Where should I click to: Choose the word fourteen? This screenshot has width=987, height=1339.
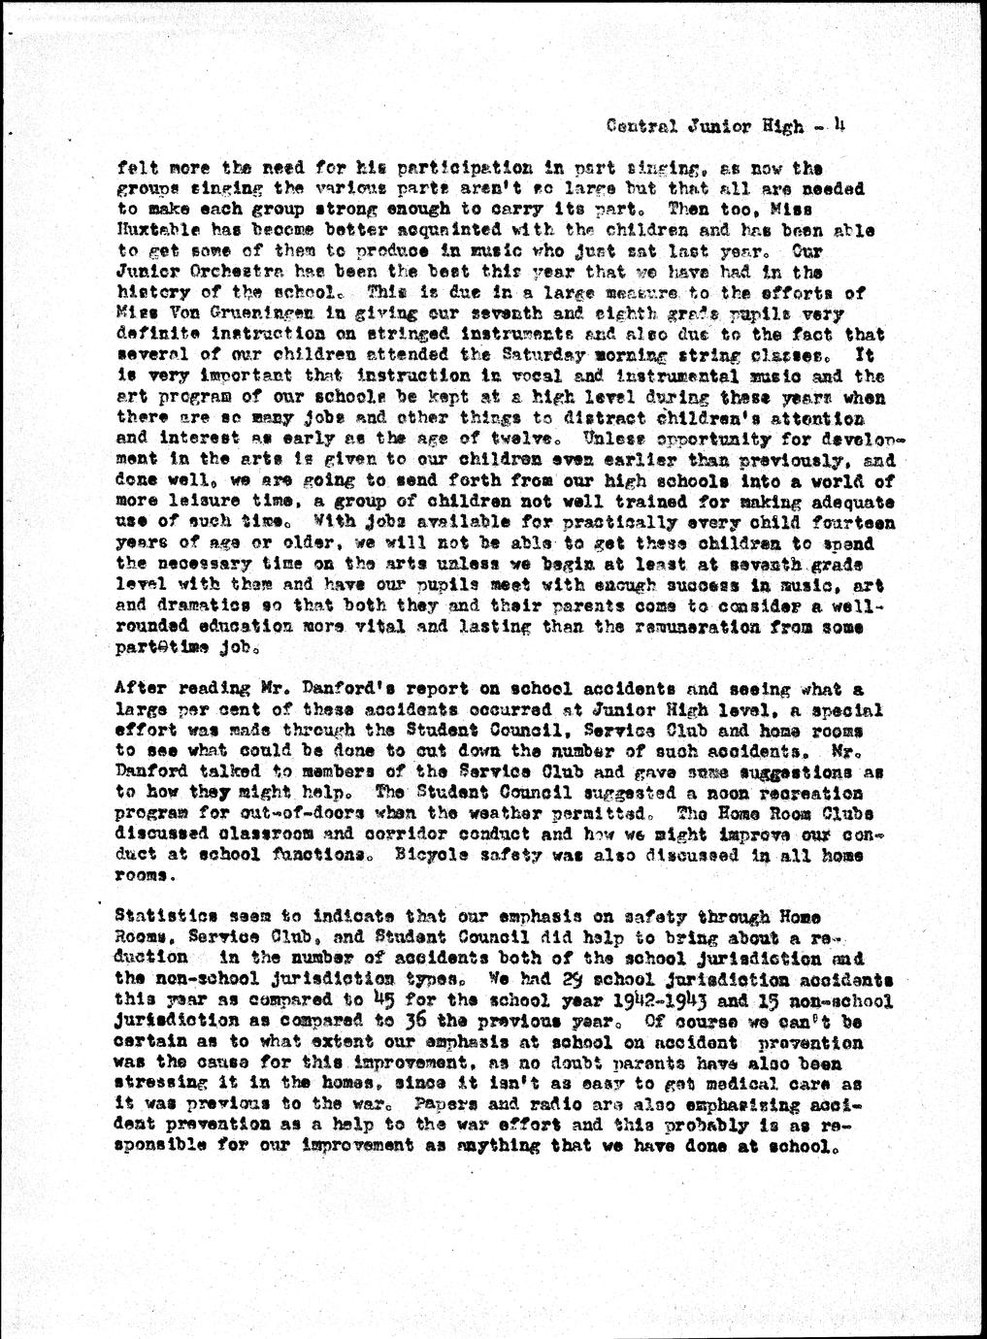click(x=852, y=523)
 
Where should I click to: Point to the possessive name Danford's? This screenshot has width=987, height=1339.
click(x=346, y=688)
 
